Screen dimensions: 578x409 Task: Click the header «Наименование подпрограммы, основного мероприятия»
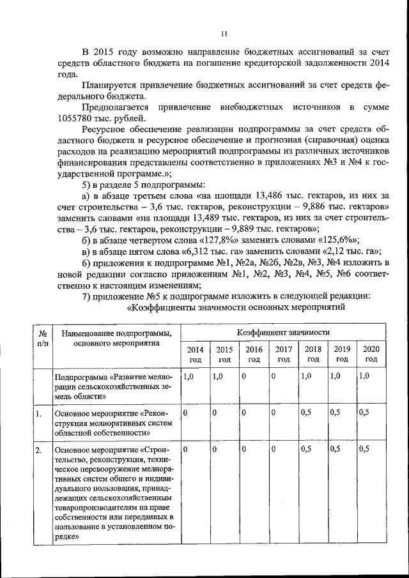pos(115,338)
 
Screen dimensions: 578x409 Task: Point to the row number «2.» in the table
pos(39,451)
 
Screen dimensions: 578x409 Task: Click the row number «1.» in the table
pos(39,414)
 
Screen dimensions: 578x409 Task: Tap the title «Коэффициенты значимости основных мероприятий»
pos(236,308)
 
